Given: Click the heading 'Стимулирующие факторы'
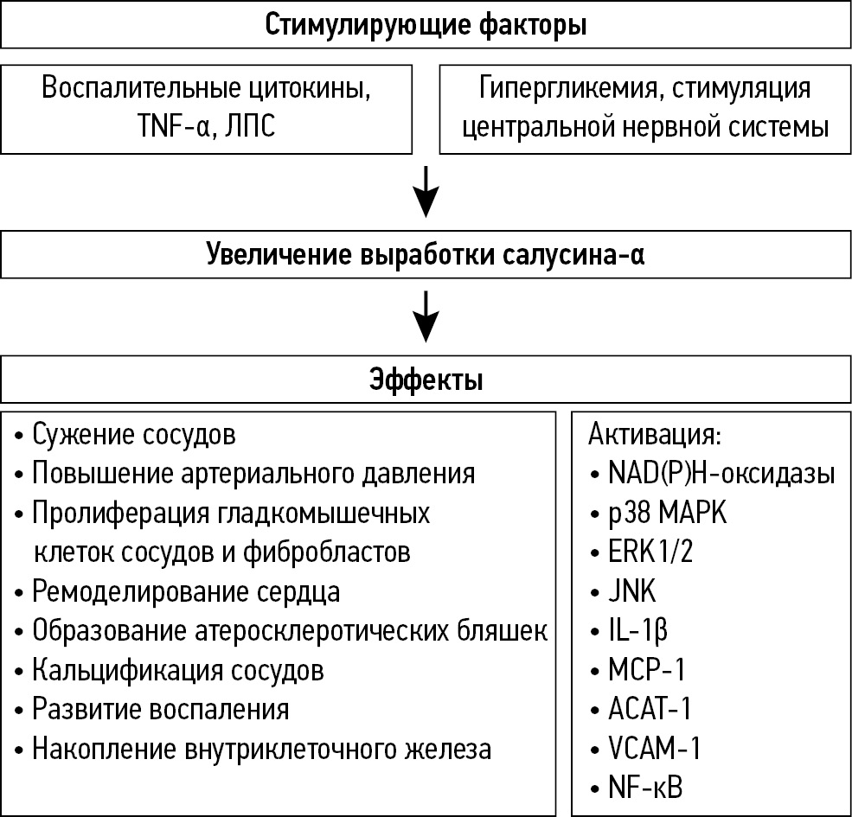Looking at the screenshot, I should pos(426,25).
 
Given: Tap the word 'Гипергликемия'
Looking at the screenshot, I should pos(550,89).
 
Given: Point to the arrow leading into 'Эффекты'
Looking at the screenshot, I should pos(426,316).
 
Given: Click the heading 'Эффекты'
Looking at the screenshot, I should pos(426,380).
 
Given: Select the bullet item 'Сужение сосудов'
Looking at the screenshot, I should pos(133,435).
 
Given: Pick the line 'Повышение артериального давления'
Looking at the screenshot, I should pos(253,474).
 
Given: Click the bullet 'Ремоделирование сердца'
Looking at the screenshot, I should pos(186,592).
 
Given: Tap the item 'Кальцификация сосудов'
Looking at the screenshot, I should pos(178,670).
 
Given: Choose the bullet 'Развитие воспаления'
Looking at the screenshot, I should pos(161,710).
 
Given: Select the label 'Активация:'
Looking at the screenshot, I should pos(654,434).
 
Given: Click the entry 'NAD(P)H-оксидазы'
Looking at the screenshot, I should pos(721,474).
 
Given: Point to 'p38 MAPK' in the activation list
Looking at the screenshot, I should pos(668,513).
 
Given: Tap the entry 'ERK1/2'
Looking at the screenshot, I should pos(650,552).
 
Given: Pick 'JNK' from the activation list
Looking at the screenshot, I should pos(632,592).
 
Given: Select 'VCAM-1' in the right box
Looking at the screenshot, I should pos(654,749).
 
